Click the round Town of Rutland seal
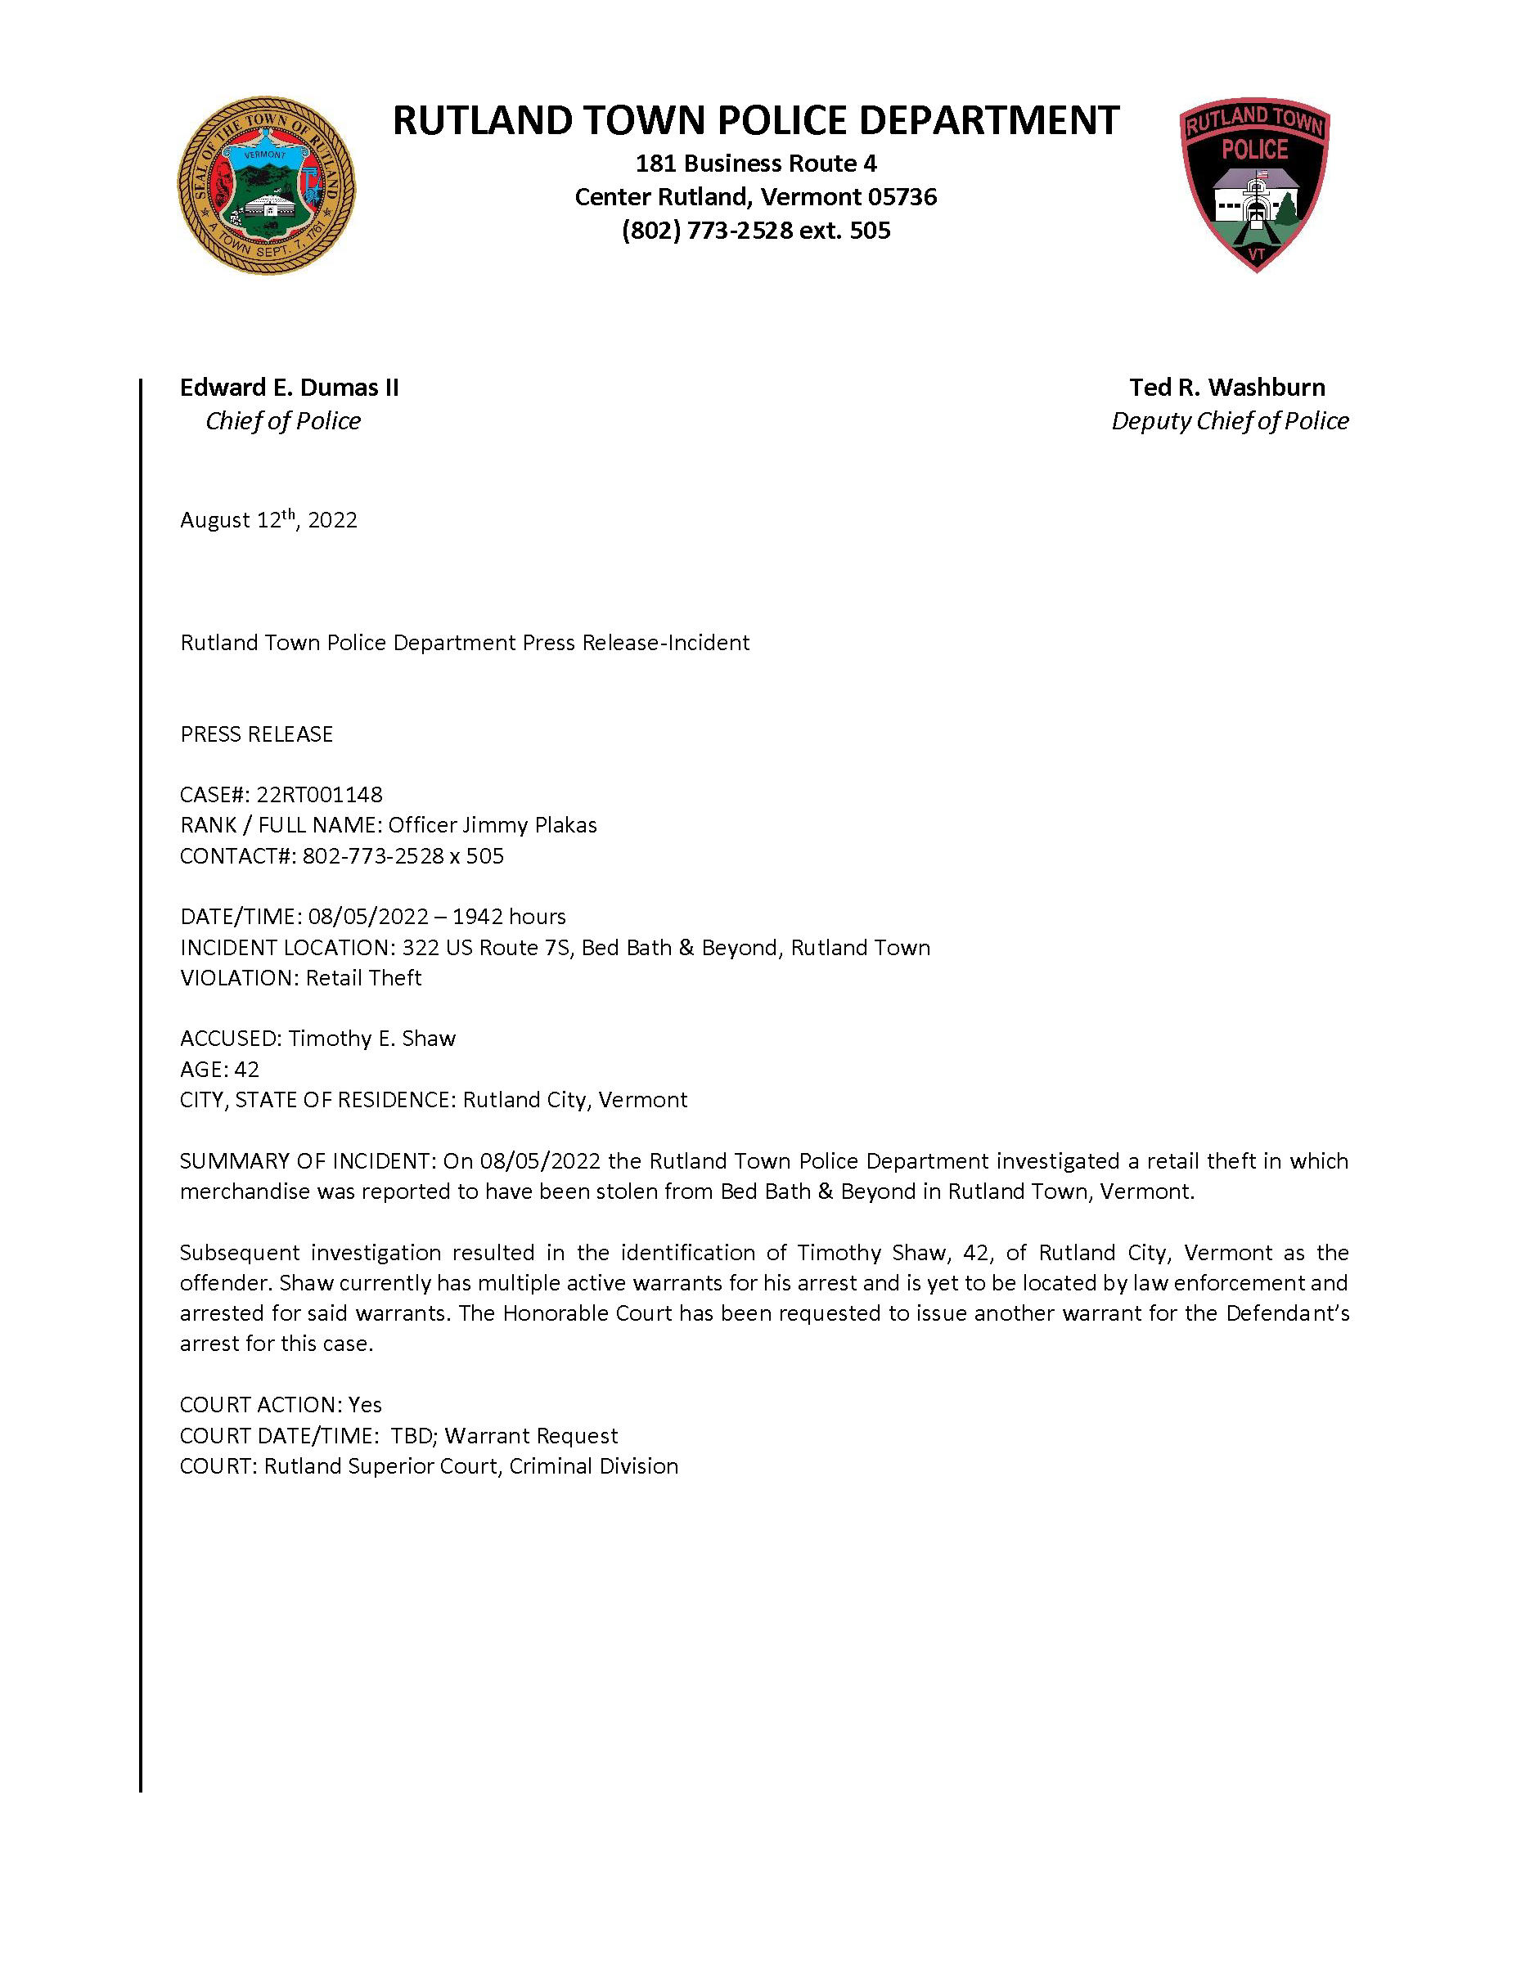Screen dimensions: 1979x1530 point(267,186)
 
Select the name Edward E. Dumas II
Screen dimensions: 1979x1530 point(289,388)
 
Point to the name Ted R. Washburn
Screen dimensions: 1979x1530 point(1226,388)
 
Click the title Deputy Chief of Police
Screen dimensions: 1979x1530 point(1229,421)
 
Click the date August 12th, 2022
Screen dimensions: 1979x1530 point(268,520)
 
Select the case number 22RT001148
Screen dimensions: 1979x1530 point(319,795)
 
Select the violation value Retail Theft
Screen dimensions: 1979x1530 point(363,979)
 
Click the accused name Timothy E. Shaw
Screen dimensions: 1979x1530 point(371,1039)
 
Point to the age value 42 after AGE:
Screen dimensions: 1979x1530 point(246,1070)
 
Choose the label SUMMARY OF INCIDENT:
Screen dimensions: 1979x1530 point(308,1162)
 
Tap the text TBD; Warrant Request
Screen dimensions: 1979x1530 point(504,1436)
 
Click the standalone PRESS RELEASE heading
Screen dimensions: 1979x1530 point(257,734)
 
